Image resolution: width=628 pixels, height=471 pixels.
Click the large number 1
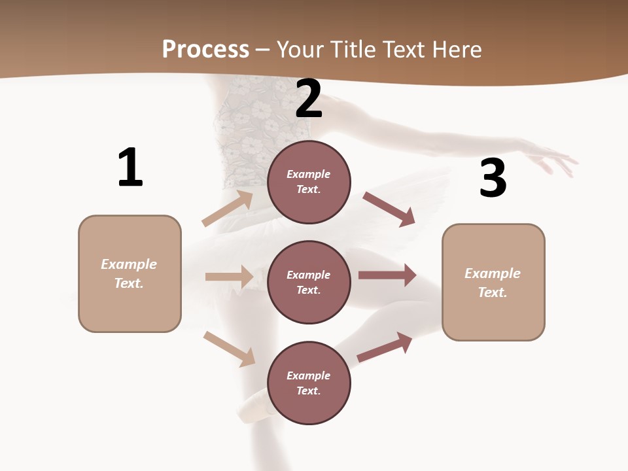coord(130,167)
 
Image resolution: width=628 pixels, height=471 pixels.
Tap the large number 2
coord(309,99)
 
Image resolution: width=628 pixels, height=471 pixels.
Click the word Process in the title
coord(205,49)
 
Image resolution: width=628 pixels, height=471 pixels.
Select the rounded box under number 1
coord(130,273)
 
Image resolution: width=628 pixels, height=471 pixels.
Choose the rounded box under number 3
coord(493,283)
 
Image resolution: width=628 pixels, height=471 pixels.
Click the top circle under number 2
coord(309,182)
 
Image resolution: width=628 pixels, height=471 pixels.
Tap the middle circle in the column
coord(309,282)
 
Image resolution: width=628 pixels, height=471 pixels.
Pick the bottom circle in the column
coord(309,383)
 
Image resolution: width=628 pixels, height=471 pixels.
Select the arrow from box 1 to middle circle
coord(229,277)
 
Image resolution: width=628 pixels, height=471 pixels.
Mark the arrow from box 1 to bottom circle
coord(229,349)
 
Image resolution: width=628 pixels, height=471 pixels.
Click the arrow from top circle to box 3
coord(389,209)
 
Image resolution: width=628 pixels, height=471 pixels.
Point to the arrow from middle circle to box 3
coord(387,275)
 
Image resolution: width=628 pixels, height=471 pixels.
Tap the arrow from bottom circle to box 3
coord(385,347)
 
